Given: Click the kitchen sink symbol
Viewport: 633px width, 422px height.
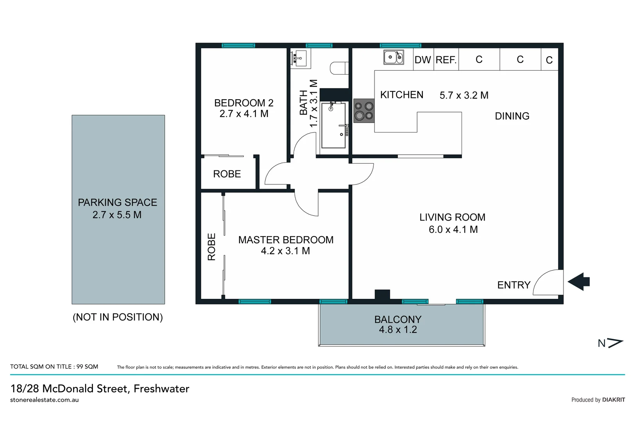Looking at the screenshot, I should (x=393, y=57).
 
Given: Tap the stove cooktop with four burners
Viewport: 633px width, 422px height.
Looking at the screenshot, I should (x=364, y=111).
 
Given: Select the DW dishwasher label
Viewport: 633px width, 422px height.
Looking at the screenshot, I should (x=423, y=60).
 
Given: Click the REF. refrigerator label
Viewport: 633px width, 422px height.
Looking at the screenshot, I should (x=446, y=60).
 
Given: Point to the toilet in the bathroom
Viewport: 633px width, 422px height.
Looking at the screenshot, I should (x=339, y=68).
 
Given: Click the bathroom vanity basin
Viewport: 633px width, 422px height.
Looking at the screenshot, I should (x=300, y=59).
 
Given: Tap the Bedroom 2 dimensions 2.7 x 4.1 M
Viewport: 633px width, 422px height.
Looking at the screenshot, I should (x=244, y=114).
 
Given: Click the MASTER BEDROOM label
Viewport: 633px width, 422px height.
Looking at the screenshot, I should (x=286, y=240).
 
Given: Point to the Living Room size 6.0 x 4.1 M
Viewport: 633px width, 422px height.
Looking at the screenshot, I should (x=453, y=229).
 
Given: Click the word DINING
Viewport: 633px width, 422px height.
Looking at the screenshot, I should (x=512, y=116).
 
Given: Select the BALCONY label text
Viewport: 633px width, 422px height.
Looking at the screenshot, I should (x=398, y=319).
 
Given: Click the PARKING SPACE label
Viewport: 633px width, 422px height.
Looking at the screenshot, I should (x=118, y=202).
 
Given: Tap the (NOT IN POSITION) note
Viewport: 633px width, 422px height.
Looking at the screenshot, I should (x=118, y=317).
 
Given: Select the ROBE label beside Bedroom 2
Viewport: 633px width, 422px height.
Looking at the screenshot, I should (x=227, y=174).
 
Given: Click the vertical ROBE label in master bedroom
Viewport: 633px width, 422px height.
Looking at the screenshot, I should (x=211, y=247).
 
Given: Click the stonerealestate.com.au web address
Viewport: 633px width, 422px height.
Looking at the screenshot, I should (x=45, y=400).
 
